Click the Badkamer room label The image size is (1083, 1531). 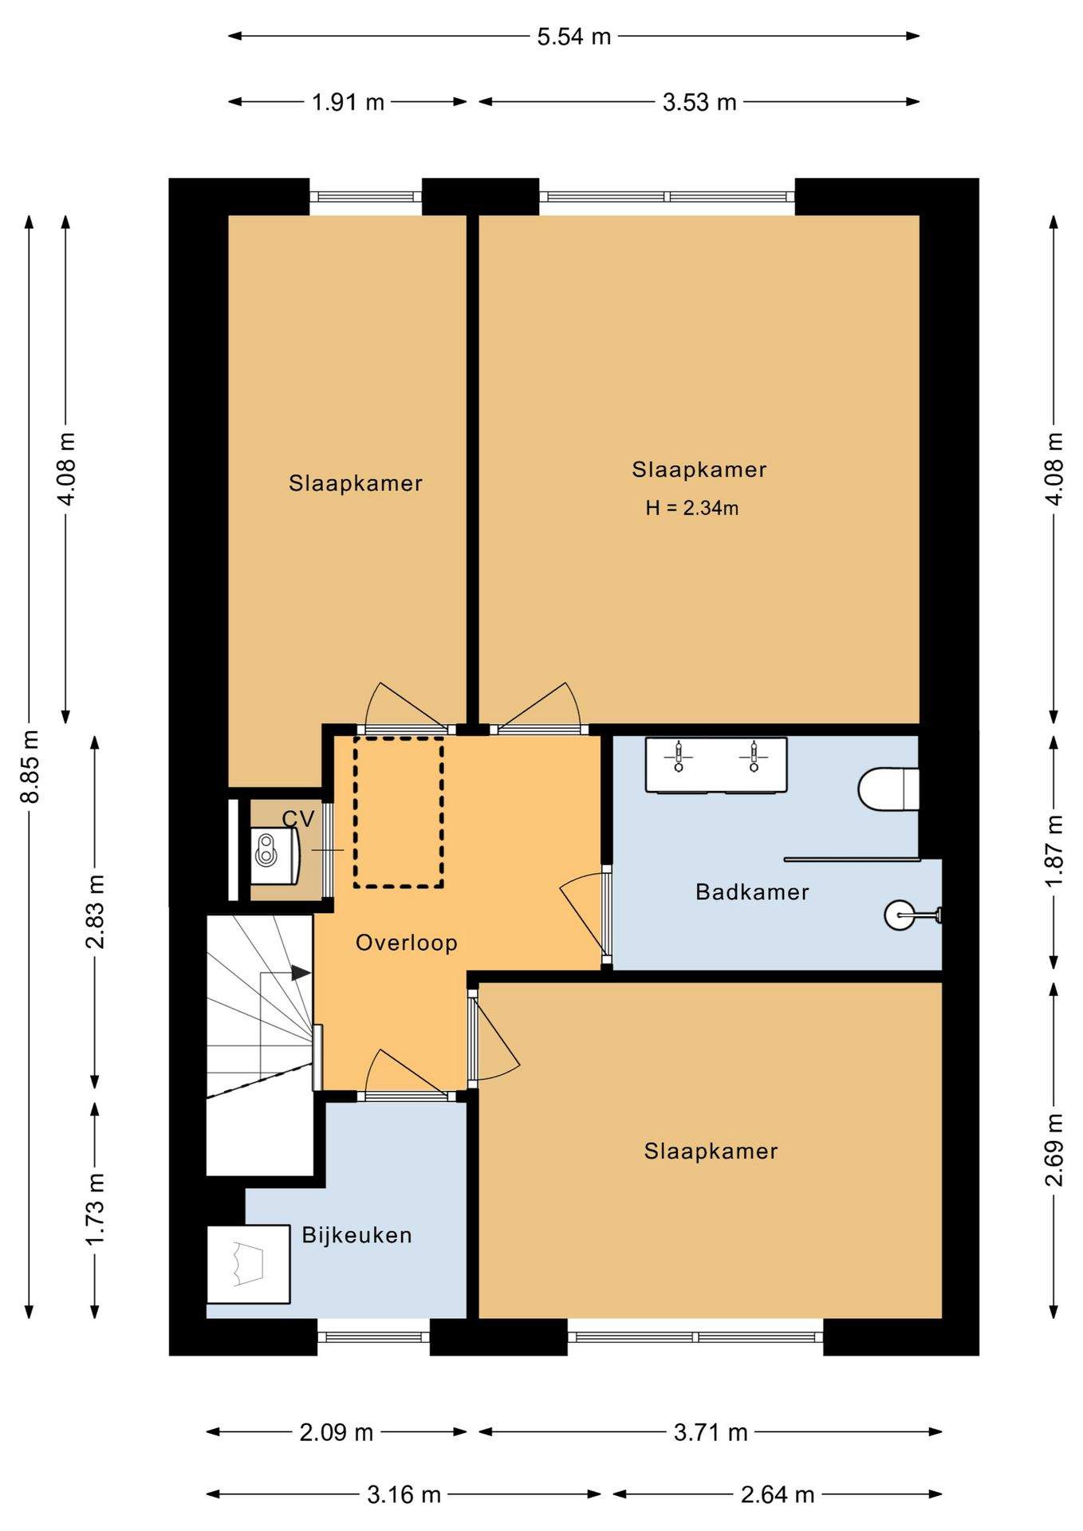coord(752,891)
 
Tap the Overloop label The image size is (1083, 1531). coord(407,943)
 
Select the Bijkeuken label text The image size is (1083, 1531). coord(356,1235)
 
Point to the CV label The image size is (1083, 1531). coord(298,819)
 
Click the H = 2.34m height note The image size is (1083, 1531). coord(692,508)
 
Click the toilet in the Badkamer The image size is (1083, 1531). coord(888,789)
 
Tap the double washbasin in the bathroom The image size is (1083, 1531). coord(716,765)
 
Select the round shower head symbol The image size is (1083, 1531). coord(900,915)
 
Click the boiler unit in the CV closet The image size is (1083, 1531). coord(274,855)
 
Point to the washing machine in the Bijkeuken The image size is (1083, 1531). coord(248,1265)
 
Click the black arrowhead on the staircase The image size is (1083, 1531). coord(301,973)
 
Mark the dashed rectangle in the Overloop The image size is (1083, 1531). coord(399,812)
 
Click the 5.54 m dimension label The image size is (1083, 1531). coord(574,37)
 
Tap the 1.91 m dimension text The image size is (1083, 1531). coord(348,102)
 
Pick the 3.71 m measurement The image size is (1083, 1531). coord(711,1433)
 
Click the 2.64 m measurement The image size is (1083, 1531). coord(778,1494)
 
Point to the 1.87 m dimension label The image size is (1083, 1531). coord(1055,850)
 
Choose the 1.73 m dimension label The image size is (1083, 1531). coord(95,1210)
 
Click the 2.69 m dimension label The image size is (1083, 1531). coord(1055,1149)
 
